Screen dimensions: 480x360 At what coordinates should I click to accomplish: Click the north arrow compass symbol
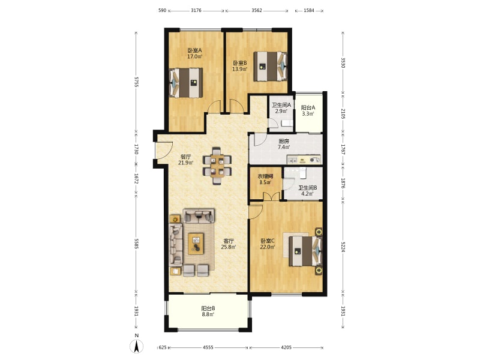pos(137,346)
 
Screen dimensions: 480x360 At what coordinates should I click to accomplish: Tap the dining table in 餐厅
pos(217,166)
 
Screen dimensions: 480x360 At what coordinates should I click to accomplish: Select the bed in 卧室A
pos(186,83)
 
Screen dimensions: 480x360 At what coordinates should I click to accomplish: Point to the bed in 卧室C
pos(306,251)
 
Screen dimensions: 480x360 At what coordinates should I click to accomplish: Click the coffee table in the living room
pos(196,244)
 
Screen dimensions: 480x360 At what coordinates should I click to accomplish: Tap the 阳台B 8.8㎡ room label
pos(208,311)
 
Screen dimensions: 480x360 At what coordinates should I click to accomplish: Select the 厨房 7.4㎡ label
pos(284,144)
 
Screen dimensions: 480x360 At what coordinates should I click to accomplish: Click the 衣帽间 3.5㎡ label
pos(265,179)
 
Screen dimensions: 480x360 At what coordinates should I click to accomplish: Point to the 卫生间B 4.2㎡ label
pos(308,190)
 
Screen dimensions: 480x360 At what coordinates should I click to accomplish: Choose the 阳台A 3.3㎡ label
pos(308,110)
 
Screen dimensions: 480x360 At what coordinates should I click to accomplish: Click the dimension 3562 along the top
pos(257,10)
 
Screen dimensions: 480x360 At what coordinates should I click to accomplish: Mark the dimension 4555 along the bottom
pos(208,347)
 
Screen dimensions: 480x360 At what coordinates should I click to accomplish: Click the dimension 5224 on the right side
pos(343,246)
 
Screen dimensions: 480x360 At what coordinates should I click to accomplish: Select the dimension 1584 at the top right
pos(309,10)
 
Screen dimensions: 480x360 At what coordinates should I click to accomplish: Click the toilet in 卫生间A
pos(287,123)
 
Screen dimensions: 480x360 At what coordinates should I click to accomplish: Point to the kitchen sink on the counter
pos(292,160)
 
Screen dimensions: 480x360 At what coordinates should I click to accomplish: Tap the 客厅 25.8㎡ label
pos(229,244)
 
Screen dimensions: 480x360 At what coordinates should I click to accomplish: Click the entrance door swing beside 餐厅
pos(164,150)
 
